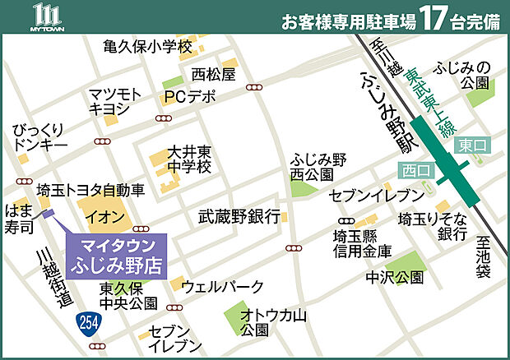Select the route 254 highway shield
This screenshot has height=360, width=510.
pos(84,320)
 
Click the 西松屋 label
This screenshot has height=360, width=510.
pos(213,75)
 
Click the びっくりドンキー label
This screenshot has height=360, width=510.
pos(40,139)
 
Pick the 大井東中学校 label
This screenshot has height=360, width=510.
pos(189,159)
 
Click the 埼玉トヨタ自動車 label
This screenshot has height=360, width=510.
pos(90,190)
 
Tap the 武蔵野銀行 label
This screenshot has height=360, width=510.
pos(239,217)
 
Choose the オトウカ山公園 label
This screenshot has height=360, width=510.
pos(267,321)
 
